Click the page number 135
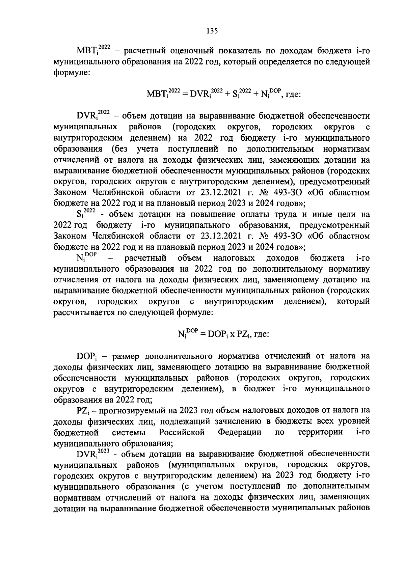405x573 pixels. (x=212, y=31)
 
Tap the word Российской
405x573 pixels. (x=182, y=432)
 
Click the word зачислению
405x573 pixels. (x=239, y=421)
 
